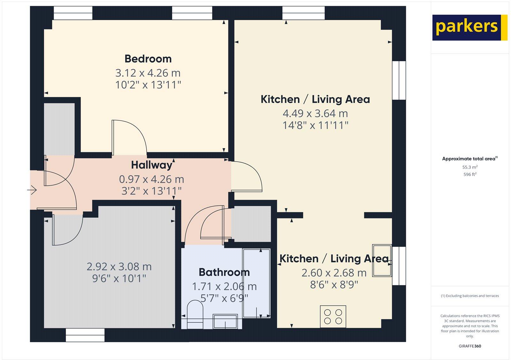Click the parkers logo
coord(469,27)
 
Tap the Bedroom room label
coord(148,59)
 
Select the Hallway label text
coord(152,165)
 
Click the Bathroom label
coord(224,272)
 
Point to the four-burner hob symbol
coord(333,317)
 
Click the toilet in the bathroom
coord(195,313)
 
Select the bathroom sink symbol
coord(225,321)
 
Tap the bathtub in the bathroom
coord(256,283)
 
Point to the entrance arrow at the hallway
coord(32,190)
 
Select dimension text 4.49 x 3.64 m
coord(315,113)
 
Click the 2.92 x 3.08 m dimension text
coord(119,266)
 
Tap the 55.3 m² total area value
coord(470,167)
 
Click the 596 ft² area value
coord(470,174)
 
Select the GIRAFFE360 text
coord(470,346)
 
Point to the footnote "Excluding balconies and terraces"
coord(470,296)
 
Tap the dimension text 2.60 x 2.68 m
coord(334,273)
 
